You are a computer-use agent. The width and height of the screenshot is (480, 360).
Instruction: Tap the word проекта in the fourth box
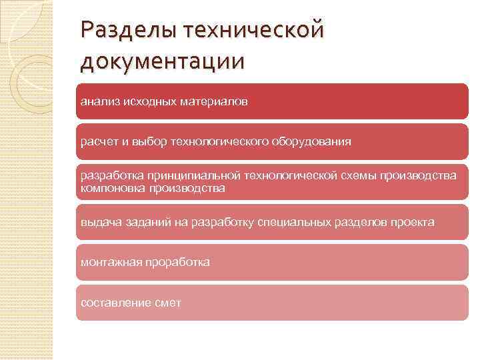tap(414, 222)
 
